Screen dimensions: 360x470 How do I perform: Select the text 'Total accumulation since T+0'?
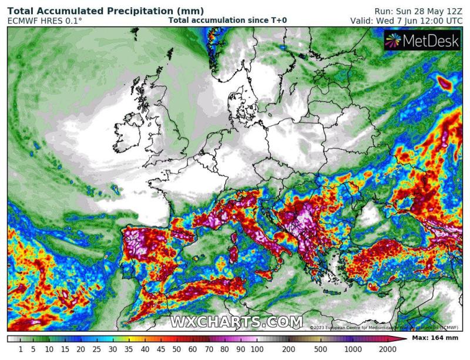pos(227,20)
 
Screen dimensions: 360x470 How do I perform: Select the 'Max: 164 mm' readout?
pos(435,339)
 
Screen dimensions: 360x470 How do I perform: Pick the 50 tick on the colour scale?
pos(174,349)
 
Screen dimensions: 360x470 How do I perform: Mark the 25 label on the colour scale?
pos(96,349)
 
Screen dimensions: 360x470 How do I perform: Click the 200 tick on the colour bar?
pos(288,349)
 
